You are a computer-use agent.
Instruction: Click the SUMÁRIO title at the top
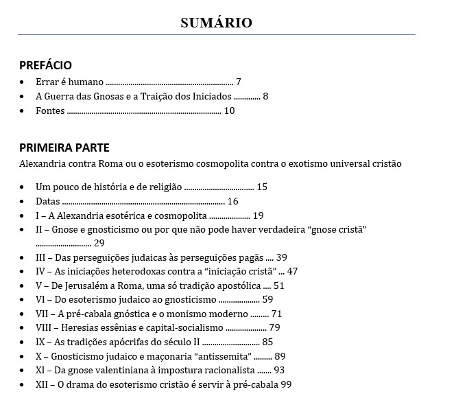coord(216,23)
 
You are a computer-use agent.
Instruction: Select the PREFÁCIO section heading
coord(45,66)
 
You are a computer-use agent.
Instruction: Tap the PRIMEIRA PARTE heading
coord(64,148)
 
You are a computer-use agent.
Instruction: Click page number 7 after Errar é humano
coord(238,81)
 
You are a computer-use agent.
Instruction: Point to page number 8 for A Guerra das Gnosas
coord(265,96)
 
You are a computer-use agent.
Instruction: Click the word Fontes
coord(50,110)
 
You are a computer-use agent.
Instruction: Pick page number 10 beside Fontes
coord(229,110)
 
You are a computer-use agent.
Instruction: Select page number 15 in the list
coord(262,187)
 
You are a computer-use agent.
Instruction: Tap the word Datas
coord(48,201)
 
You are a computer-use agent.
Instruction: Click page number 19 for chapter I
coord(259,216)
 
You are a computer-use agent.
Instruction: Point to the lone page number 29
coord(99,243)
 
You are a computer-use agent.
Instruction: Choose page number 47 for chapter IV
coord(293,272)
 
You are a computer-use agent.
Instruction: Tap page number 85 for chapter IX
coord(267,342)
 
